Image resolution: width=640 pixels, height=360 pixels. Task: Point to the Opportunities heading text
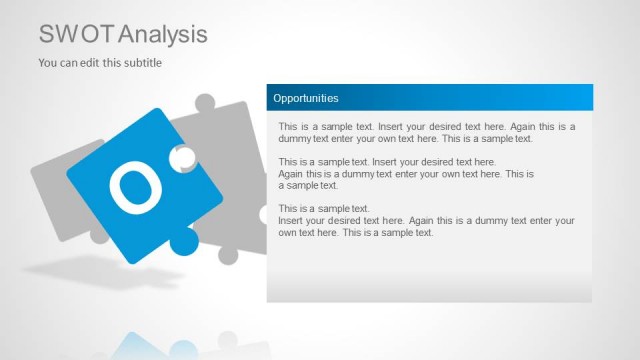pos(306,98)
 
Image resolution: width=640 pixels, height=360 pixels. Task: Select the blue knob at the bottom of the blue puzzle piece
pos(184,240)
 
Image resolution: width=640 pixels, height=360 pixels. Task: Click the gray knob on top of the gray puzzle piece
pos(205,102)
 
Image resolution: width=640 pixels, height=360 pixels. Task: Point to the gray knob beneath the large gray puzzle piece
pos(228,255)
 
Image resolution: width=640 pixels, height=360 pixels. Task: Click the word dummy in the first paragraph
pos(294,139)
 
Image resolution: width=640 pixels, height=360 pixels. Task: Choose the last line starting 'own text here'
pos(355,232)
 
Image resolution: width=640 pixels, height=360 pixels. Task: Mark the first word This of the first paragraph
pos(288,127)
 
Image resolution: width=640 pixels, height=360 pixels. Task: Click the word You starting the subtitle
pos(47,63)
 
